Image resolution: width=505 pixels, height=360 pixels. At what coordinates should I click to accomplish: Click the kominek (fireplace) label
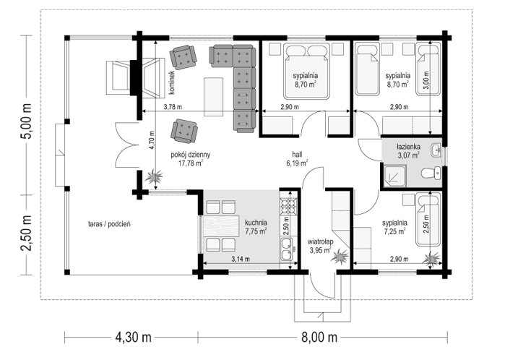[x=171, y=82]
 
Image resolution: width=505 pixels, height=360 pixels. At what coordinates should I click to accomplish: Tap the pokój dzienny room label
[x=190, y=155]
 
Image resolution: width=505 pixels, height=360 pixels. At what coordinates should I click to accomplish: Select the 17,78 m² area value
[x=191, y=163]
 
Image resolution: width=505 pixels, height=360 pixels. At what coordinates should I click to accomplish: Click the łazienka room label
[x=408, y=147]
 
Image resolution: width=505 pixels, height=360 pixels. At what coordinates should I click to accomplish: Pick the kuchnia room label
[x=256, y=223]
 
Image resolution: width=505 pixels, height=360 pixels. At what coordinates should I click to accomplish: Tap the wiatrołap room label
[x=320, y=241]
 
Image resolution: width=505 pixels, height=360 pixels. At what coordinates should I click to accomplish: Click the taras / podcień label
[x=109, y=224]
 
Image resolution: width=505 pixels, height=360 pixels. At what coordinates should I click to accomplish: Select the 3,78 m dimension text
[x=173, y=107]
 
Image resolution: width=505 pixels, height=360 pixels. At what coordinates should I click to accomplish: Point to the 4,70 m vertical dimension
[x=152, y=140]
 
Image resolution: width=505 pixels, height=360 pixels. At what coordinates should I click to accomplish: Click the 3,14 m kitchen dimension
[x=241, y=259]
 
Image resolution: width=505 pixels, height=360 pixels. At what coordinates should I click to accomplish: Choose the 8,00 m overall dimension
[x=319, y=338]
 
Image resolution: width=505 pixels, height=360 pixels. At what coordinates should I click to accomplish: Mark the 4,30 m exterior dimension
[x=134, y=338]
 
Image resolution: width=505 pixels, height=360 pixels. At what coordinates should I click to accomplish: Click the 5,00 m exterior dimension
[x=26, y=121]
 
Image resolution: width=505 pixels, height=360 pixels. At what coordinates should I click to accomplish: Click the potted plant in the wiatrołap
[x=340, y=257]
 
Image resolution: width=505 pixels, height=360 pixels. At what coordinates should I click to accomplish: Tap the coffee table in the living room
[x=214, y=97]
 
